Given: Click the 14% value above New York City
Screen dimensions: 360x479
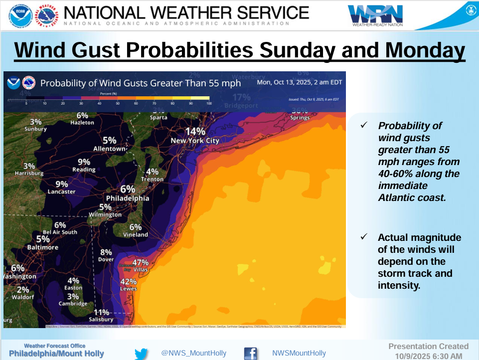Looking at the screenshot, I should [195, 131].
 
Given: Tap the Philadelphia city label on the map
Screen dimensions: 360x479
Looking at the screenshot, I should [128, 198].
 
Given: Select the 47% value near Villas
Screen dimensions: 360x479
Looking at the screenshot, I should [140, 262].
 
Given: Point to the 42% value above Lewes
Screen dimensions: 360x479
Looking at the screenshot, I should [129, 282].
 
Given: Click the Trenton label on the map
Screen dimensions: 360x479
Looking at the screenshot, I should [152, 179].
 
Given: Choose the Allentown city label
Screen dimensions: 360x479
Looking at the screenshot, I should [110, 149].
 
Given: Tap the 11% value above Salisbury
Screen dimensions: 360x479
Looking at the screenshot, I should [101, 312].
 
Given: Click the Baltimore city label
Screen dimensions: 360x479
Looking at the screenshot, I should [43, 247].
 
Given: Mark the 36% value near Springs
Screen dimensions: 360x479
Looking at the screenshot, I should [300, 111].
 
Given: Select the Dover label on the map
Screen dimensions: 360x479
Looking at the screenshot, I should [106, 259].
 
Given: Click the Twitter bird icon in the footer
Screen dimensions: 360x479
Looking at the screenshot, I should [142, 354].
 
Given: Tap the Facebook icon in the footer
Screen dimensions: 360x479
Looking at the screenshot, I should [251, 354].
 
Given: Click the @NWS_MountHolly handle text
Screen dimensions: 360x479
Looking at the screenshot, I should [188, 353].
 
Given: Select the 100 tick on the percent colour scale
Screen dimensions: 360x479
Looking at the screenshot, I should [209, 103].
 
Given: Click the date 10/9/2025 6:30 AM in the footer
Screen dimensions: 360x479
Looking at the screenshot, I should [429, 356].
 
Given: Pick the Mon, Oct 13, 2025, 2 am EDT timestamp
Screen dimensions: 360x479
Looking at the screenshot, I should [299, 82].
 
